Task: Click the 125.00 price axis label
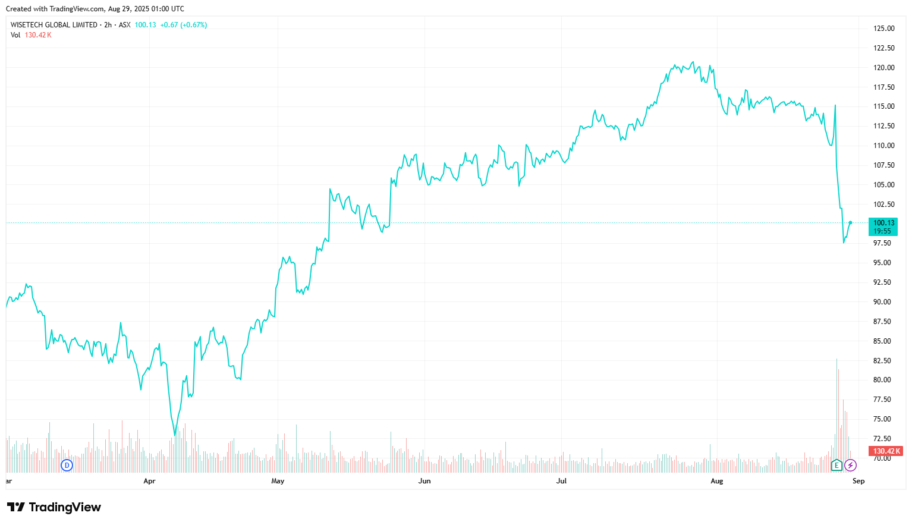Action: [x=883, y=29]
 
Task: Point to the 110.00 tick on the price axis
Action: [x=883, y=146]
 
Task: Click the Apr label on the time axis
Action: [x=149, y=481]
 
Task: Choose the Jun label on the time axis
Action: [x=424, y=481]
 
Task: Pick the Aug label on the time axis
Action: [x=717, y=481]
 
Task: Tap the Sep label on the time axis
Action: [x=858, y=481]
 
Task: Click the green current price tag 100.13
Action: [x=883, y=227]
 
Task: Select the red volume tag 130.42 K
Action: [x=886, y=451]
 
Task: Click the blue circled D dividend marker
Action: [x=67, y=465]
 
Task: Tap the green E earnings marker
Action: [x=836, y=465]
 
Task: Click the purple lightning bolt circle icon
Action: [x=851, y=465]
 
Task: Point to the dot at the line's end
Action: [x=850, y=222]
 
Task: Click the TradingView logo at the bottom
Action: [x=54, y=507]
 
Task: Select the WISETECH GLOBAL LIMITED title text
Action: [x=54, y=25]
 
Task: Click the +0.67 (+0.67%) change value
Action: [x=184, y=25]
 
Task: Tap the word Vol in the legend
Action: [x=15, y=35]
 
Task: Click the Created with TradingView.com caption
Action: [x=95, y=9]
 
